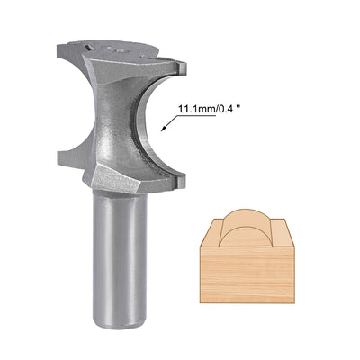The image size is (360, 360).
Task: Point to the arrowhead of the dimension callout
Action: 162,130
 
